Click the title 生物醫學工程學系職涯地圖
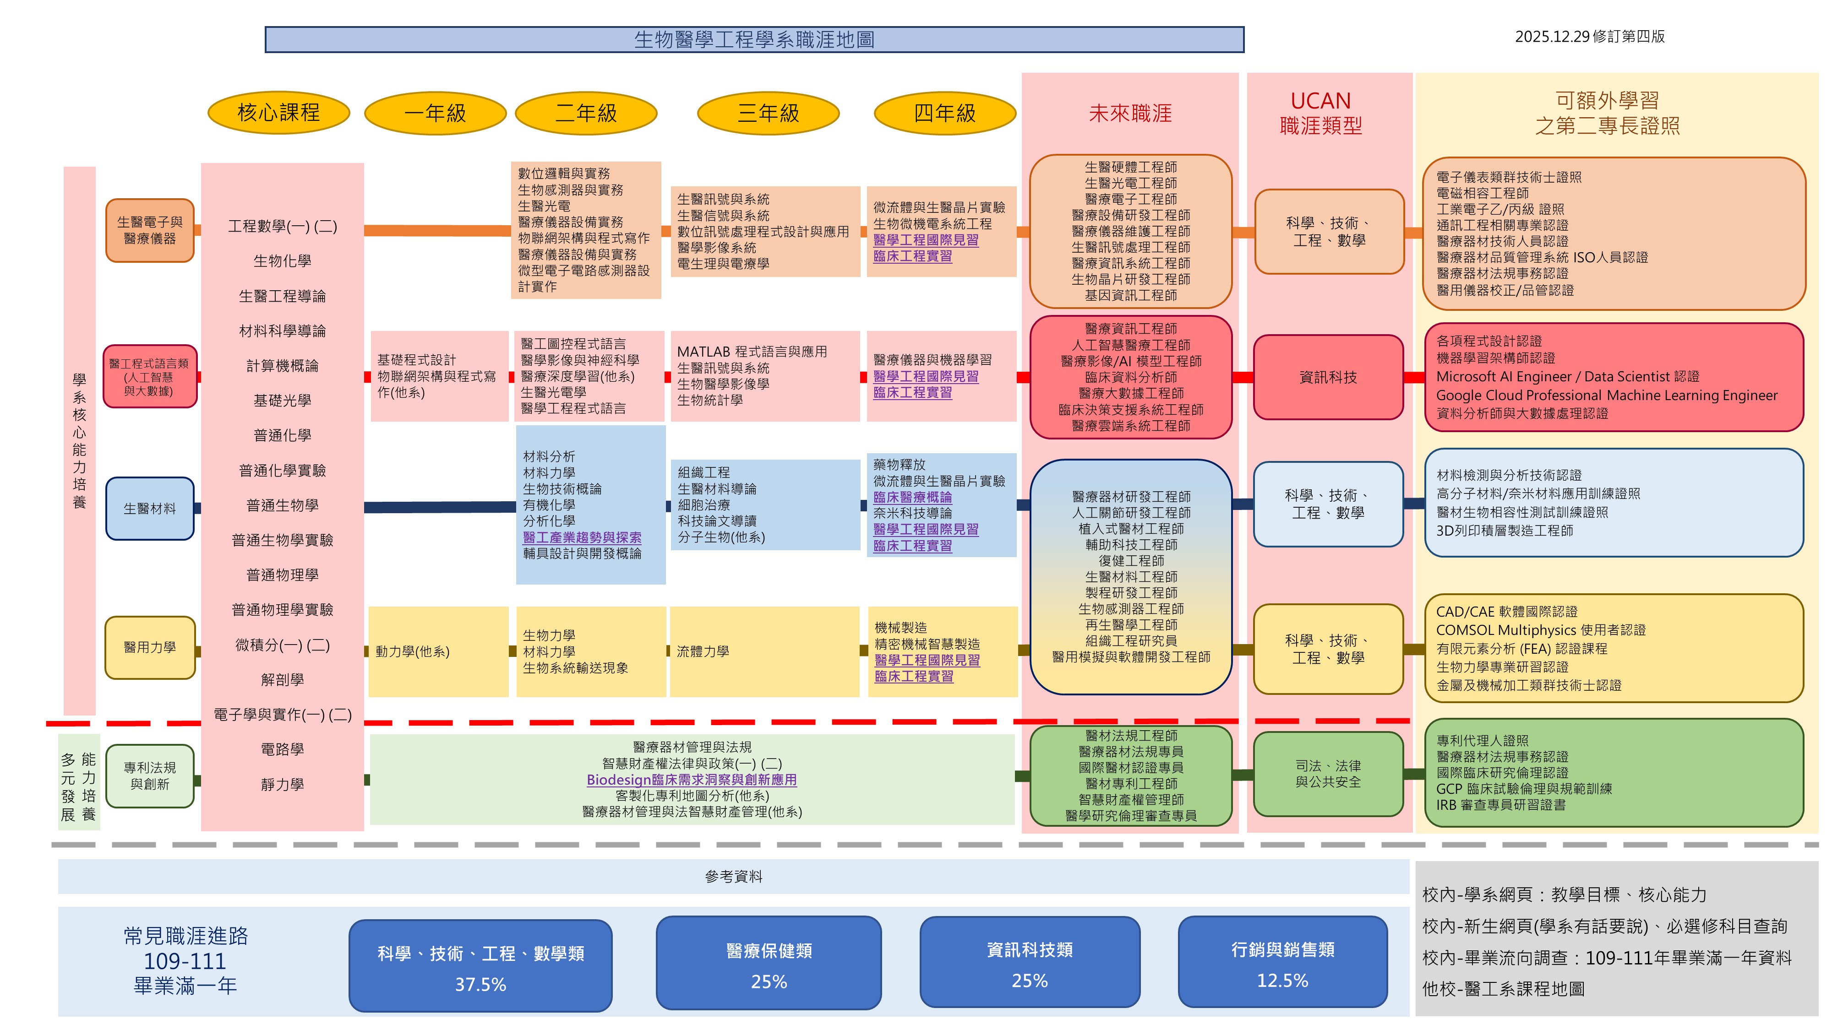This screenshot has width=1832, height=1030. (754, 40)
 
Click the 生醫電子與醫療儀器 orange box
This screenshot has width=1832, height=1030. (149, 230)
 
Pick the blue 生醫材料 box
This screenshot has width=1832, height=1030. (149, 508)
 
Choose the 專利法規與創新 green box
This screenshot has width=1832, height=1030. (149, 775)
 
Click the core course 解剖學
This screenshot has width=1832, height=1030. (282, 679)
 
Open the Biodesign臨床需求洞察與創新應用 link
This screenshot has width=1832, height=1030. (691, 780)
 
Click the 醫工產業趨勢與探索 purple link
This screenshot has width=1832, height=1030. (582, 537)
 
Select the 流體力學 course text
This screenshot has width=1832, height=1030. (703, 651)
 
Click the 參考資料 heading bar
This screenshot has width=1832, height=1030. (733, 877)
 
